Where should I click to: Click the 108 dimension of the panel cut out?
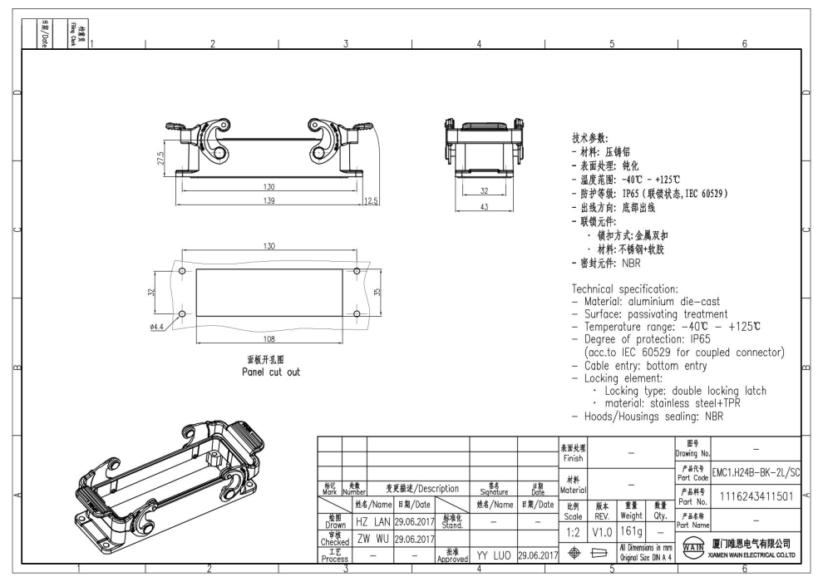[269, 338]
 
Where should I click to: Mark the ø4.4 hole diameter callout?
[156, 327]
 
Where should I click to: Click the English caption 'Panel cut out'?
[266, 372]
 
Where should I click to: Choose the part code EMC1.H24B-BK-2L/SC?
[755, 471]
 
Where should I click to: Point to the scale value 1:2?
[572, 529]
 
